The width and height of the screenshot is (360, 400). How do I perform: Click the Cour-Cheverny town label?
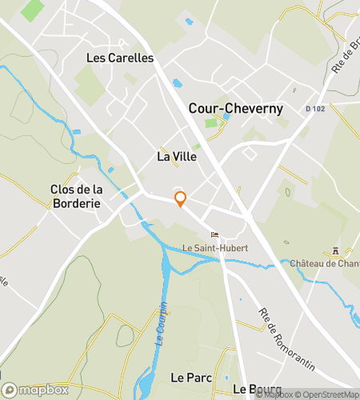click(x=235, y=108)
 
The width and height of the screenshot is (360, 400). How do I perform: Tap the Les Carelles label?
click(x=119, y=58)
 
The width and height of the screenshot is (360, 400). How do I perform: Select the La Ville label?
click(x=177, y=158)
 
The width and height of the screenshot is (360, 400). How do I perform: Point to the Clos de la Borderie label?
click(x=75, y=197)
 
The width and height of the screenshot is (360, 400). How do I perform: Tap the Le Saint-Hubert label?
click(x=215, y=248)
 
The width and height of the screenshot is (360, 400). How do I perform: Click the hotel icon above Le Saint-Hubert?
click(x=214, y=234)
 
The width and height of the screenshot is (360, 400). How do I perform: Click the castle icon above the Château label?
click(x=336, y=250)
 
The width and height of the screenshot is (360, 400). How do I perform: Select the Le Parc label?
click(x=190, y=376)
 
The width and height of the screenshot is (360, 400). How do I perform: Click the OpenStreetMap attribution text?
click(x=329, y=394)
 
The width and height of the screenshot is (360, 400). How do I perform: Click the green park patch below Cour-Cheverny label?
click(x=211, y=123)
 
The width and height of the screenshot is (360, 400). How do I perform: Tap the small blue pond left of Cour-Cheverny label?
click(x=177, y=82)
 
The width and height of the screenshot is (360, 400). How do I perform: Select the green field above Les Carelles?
click(x=34, y=10)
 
